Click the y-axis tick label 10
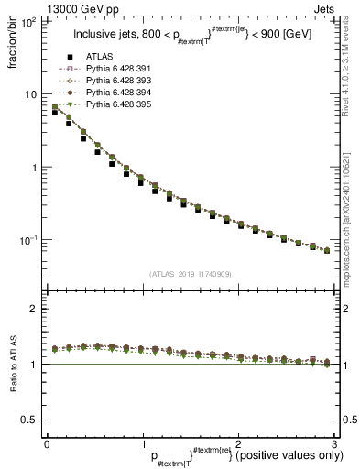pos(29,94)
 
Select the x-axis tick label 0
pos(46,442)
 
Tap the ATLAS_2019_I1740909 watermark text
pos(190,274)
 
